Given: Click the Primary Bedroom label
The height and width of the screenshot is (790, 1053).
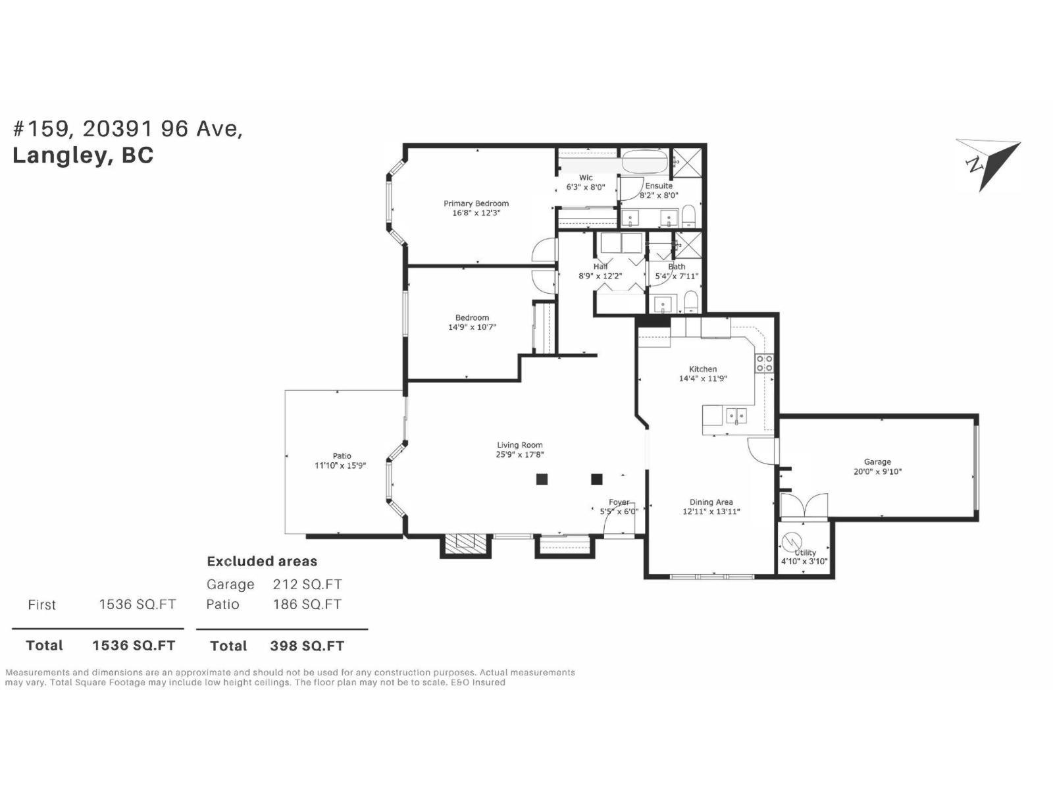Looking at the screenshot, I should tap(476, 203).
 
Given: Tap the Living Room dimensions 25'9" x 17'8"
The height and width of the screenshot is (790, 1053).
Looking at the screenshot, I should tap(520, 454).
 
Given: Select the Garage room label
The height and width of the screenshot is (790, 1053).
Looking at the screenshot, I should tap(877, 462).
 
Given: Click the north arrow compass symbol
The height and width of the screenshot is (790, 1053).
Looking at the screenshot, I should tap(987, 164).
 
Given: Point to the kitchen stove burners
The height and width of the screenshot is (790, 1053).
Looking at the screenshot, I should tap(764, 363).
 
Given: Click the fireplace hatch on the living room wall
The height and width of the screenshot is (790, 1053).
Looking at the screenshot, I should tap(465, 543).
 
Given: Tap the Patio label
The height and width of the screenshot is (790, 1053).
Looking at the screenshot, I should tap(342, 456).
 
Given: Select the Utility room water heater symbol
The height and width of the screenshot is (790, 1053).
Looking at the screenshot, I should tap(789, 543).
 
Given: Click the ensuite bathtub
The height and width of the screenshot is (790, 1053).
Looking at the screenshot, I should tap(645, 161).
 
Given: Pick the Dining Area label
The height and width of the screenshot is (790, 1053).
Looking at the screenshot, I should tap(711, 502).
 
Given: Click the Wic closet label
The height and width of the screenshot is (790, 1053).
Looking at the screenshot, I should tap(586, 178).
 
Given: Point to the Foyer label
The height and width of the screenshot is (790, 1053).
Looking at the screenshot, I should tap(619, 502).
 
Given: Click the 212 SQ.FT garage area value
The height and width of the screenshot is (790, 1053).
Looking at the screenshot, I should tap(307, 585).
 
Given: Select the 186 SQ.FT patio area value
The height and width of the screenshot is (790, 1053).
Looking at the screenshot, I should tap(307, 604).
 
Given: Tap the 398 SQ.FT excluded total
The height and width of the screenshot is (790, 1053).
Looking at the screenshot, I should tap(307, 646).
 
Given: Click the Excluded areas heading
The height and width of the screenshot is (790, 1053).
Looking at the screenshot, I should tap(262, 562).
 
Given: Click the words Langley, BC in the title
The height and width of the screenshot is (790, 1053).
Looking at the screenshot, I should tap(83, 155).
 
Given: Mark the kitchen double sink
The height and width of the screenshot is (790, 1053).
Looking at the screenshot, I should tap(736, 416).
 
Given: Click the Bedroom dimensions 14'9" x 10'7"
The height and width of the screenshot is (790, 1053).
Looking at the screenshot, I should tap(472, 327).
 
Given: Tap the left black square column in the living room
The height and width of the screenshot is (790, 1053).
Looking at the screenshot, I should tap(542, 479).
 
